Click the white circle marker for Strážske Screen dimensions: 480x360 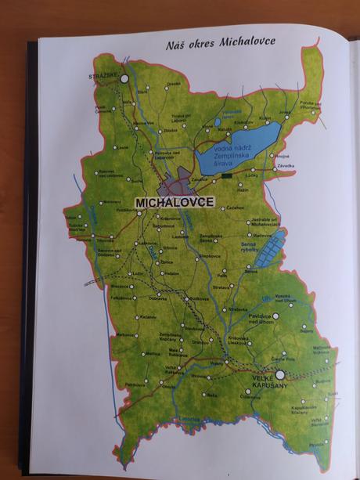[x=123, y=79]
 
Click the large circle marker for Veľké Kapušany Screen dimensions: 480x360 [x=279, y=364]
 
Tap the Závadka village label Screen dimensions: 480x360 [x=286, y=165]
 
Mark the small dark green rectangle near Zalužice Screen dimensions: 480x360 [x=226, y=176]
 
